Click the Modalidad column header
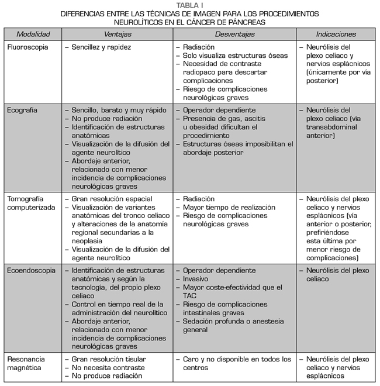click(x=33, y=35)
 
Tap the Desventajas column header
click(x=234, y=35)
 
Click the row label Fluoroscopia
click(x=27, y=47)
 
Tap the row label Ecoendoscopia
click(x=32, y=271)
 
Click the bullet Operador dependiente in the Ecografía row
click(x=219, y=110)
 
